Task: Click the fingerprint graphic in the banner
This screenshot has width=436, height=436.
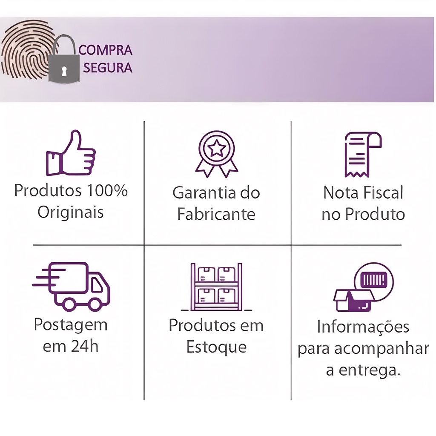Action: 26,50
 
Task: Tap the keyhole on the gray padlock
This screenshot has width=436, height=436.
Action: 64,71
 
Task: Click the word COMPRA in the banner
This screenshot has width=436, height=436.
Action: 106,50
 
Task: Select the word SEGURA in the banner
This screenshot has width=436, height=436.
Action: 108,68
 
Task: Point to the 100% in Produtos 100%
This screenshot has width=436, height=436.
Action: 107,191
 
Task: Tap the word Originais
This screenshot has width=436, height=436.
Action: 71,212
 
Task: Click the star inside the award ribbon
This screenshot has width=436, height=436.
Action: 217,149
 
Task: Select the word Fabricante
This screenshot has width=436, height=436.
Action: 216,214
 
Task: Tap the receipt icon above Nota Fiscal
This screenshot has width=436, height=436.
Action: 363,155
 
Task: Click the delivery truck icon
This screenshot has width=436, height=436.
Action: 71,287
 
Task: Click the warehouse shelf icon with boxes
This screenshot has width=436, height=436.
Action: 216,287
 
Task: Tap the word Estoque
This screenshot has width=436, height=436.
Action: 216,347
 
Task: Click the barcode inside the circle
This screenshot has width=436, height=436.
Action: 373,279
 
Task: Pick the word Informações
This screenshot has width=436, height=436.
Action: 363,327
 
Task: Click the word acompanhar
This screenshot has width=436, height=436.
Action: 381,349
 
